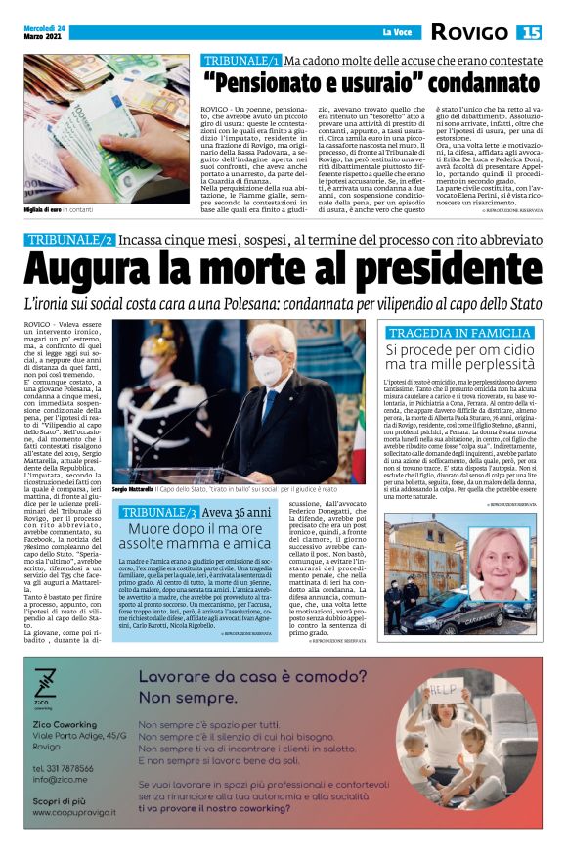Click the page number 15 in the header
(x=530, y=32)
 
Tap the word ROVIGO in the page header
(x=469, y=32)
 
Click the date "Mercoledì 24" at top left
(x=45, y=26)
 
